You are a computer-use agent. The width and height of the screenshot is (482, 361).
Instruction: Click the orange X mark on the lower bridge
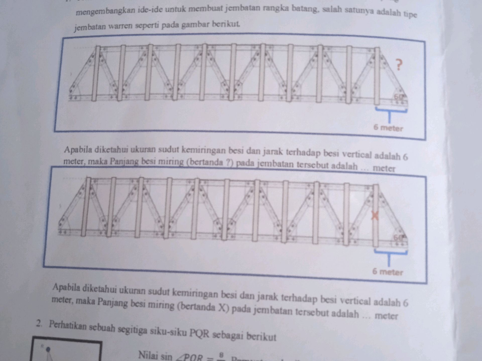pyautogui.click(x=375, y=216)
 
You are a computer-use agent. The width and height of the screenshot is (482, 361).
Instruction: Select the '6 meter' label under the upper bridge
pyautogui.click(x=388, y=128)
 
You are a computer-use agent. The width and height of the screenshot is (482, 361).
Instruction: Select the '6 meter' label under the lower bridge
pyautogui.click(x=387, y=272)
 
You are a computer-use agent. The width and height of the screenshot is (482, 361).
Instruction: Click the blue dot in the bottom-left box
pyautogui.click(x=48, y=349)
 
